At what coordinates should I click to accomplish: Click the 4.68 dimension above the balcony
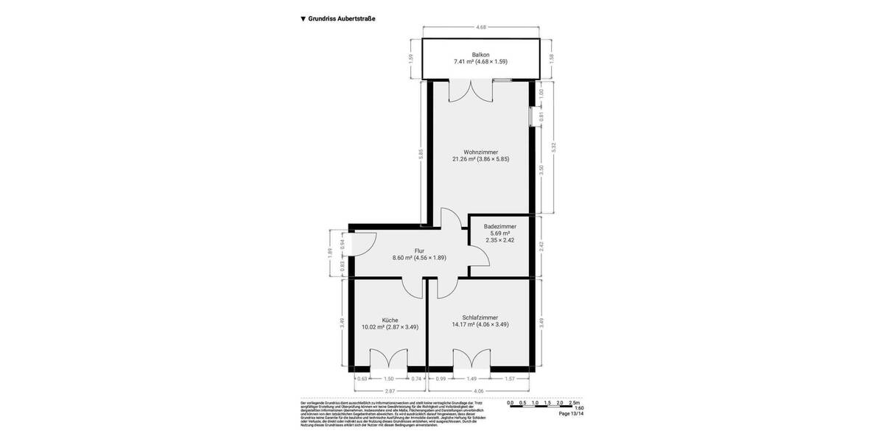point(481,27)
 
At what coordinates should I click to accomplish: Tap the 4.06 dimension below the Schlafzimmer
point(478,391)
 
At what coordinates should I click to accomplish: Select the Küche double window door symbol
point(388,361)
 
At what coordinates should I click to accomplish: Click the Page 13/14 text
point(571,414)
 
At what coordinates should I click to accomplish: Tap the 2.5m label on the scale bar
point(575,402)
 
